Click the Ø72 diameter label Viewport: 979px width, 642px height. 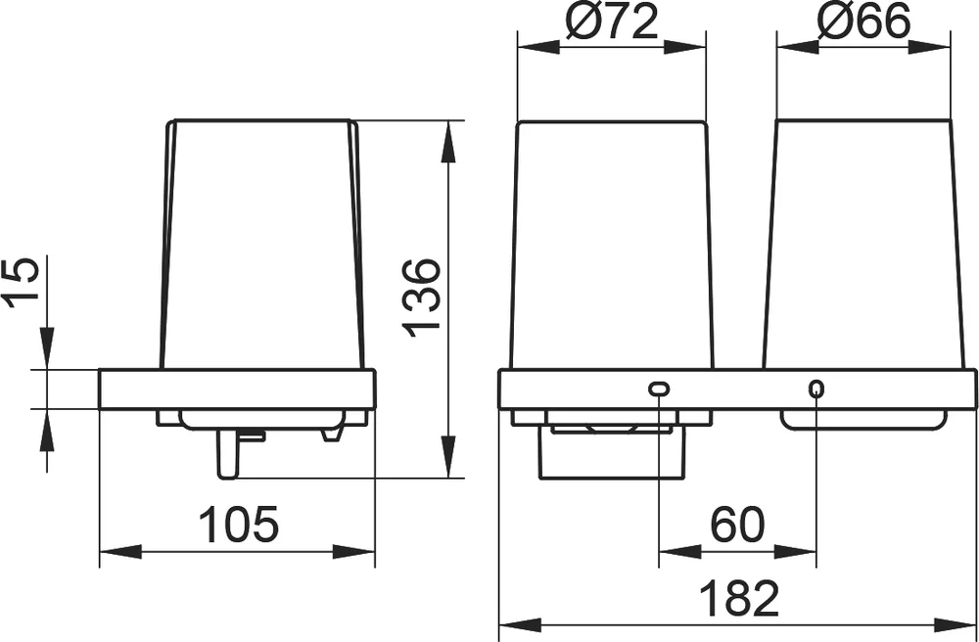613,23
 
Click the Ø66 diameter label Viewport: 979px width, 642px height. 864,23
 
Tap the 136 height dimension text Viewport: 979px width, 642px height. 422,298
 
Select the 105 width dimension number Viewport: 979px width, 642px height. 238,525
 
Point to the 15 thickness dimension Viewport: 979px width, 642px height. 22,283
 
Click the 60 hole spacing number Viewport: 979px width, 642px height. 737,525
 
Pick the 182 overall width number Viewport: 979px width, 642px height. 739,598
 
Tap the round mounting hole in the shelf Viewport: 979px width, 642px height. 816,390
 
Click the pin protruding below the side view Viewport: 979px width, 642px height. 227,453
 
